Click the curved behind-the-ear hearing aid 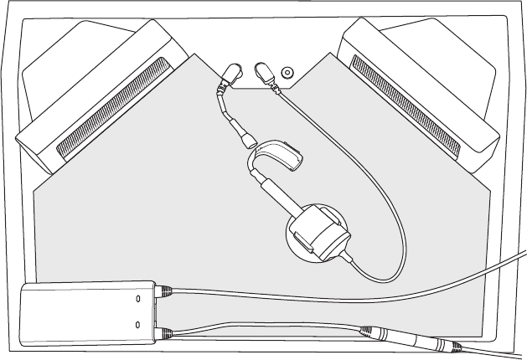point(276,154)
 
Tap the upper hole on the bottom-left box point(139,297)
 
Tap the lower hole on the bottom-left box point(139,323)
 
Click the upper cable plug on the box point(165,291)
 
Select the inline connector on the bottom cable point(402,337)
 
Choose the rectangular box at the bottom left point(84,313)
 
